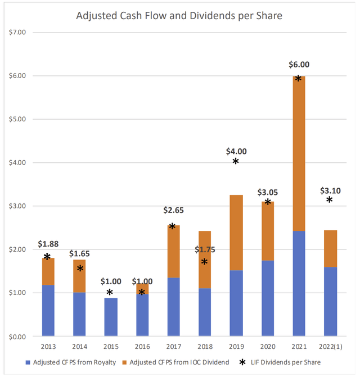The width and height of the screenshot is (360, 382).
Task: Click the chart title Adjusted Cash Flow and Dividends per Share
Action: (179, 16)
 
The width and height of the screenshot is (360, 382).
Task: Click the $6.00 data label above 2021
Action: (299, 65)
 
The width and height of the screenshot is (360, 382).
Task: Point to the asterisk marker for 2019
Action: (236, 162)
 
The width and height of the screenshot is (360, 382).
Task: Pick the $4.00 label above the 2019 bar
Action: (236, 151)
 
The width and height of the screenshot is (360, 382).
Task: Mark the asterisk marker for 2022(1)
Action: (330, 201)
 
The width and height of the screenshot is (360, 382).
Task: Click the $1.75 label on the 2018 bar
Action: (205, 249)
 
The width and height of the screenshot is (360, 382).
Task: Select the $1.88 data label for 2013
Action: (48, 244)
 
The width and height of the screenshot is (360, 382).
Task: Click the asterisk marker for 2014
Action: (80, 269)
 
